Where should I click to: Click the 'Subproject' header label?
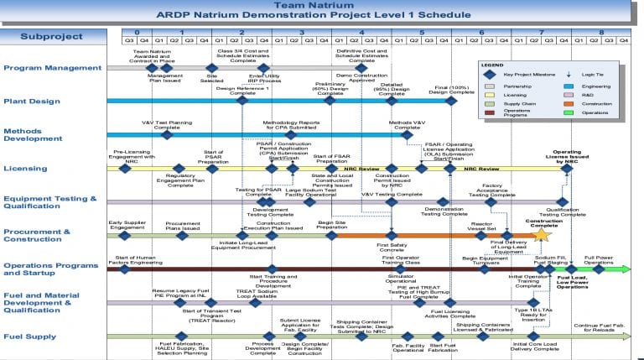pyautogui.click(x=51, y=36)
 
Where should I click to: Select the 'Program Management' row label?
pyautogui.click(x=47, y=68)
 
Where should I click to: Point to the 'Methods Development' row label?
pyautogui.click(x=33, y=136)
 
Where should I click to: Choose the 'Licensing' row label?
pyautogui.click(x=25, y=169)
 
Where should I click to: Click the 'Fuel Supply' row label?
pyautogui.click(x=30, y=337)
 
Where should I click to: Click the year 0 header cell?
pyautogui.click(x=138, y=31)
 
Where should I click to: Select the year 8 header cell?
pyautogui.click(x=600, y=31)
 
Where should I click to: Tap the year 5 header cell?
pyautogui.click(x=422, y=31)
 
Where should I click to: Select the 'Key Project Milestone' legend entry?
pyautogui.click(x=527, y=74)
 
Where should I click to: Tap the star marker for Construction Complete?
pyautogui.click(x=541, y=236)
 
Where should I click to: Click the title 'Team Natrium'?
pyautogui.click(x=321, y=5)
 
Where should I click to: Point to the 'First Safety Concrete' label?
pyautogui.click(x=392, y=247)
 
